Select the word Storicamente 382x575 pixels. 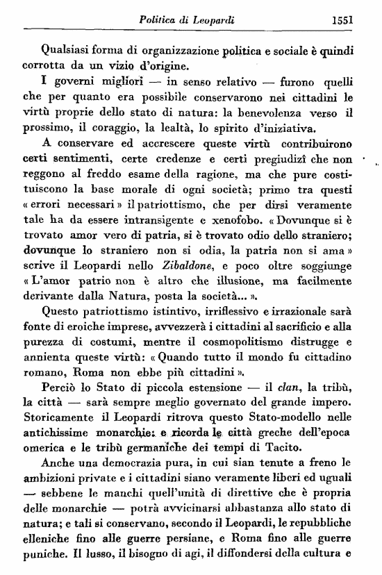pos(59,415)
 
